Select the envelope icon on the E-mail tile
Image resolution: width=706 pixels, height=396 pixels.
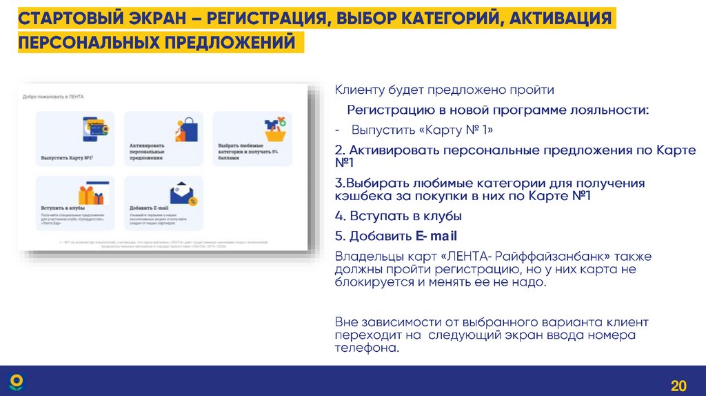(183, 192)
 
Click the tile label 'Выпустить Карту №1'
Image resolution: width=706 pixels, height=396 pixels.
(66, 157)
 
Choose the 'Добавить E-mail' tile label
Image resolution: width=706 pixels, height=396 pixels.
(149, 207)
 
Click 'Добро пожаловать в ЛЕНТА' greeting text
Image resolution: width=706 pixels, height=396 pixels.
(53, 97)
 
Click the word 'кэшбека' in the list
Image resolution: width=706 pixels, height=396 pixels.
(361, 196)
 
